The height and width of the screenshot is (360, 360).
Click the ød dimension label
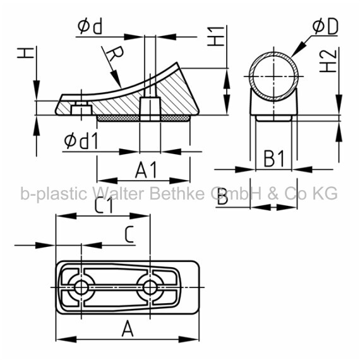pos(90,27)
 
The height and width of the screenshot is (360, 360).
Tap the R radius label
pos(115,54)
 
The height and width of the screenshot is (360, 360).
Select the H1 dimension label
pos(216,36)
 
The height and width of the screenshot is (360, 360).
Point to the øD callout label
pos(325,27)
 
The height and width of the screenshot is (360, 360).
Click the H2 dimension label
pos(328,61)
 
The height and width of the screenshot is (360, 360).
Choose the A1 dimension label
pos(147,170)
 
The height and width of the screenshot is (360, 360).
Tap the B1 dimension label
pos(274,159)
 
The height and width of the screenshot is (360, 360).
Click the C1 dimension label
pos(104,205)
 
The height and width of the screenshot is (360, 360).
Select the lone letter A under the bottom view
pos(128,329)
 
